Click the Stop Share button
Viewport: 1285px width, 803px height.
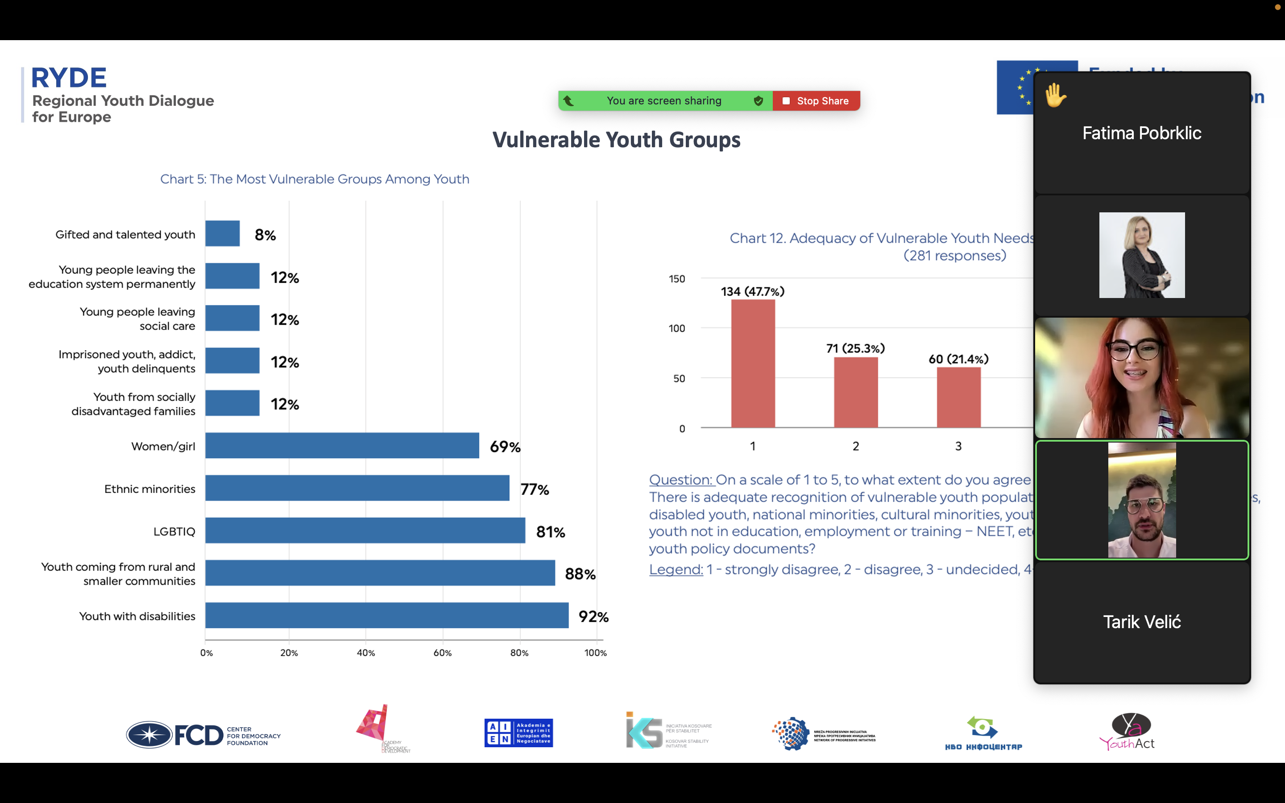816,101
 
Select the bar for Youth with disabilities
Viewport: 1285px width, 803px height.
386,616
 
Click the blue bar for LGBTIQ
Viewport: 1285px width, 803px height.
365,530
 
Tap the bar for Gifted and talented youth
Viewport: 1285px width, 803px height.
223,234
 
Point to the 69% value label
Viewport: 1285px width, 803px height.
505,447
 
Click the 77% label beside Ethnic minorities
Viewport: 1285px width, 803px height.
535,489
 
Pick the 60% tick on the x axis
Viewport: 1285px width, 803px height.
442,653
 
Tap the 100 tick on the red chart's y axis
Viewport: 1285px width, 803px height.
676,328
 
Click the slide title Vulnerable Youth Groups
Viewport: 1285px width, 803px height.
616,140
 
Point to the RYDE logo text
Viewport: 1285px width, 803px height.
69,78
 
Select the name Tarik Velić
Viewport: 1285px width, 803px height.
1142,622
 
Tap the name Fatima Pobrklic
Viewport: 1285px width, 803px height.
1142,133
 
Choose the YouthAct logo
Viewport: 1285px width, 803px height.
1127,732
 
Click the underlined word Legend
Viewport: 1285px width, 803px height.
676,569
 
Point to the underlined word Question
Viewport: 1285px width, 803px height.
680,480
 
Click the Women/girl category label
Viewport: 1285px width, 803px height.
163,446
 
